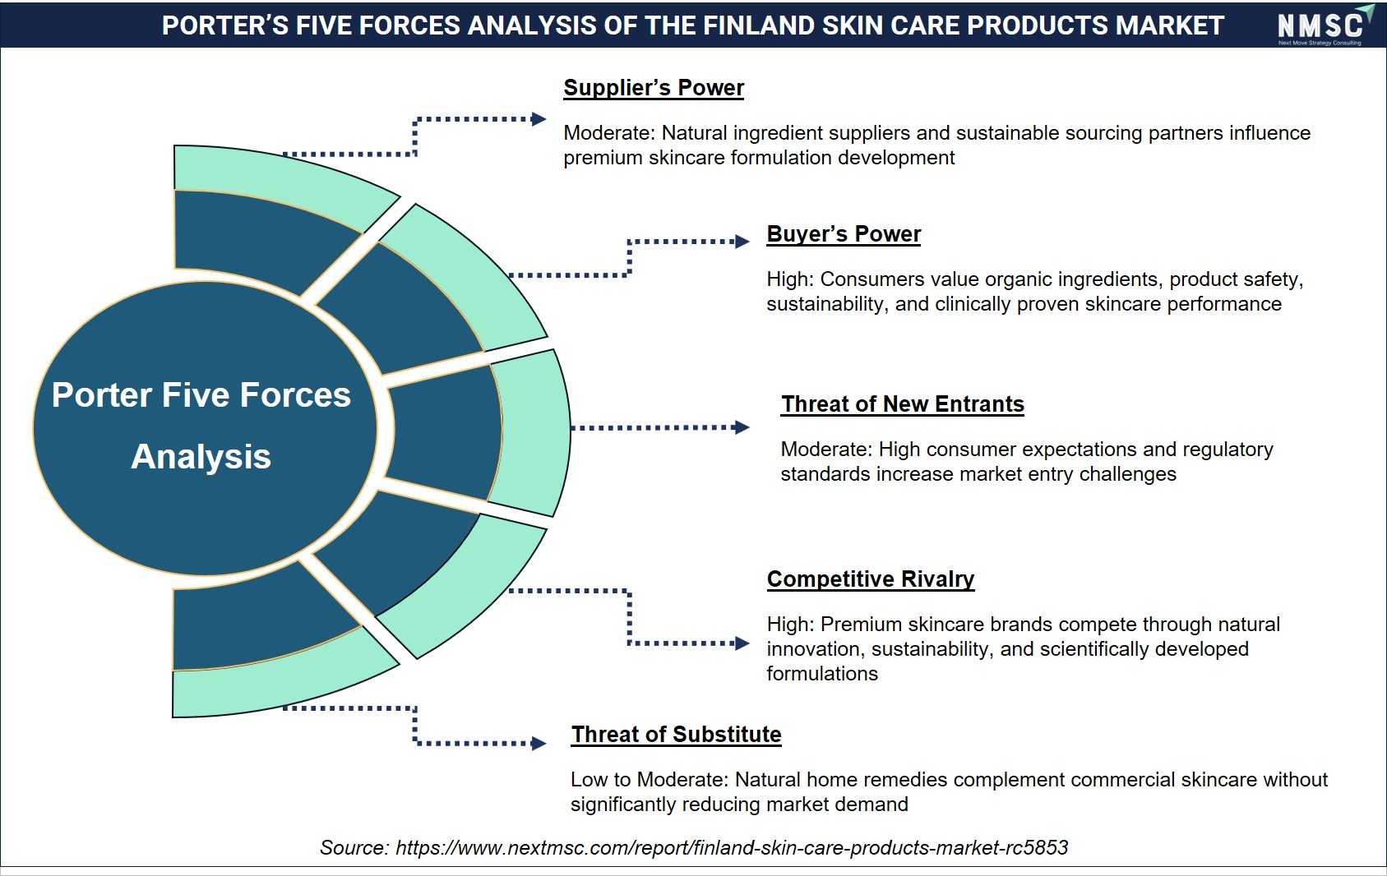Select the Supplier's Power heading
coord(654,88)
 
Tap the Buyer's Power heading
coord(844,234)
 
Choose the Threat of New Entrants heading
coord(902,404)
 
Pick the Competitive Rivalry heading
coord(871,579)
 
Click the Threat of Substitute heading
coord(676,734)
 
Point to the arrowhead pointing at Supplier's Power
coord(539,119)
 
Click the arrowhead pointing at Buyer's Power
coord(742,242)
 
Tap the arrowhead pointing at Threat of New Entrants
coord(742,427)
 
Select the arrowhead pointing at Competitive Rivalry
coord(742,643)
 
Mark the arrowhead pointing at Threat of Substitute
coord(539,743)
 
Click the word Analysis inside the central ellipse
coord(201,457)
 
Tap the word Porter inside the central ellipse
coord(101,395)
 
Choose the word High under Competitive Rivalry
coord(789,624)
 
